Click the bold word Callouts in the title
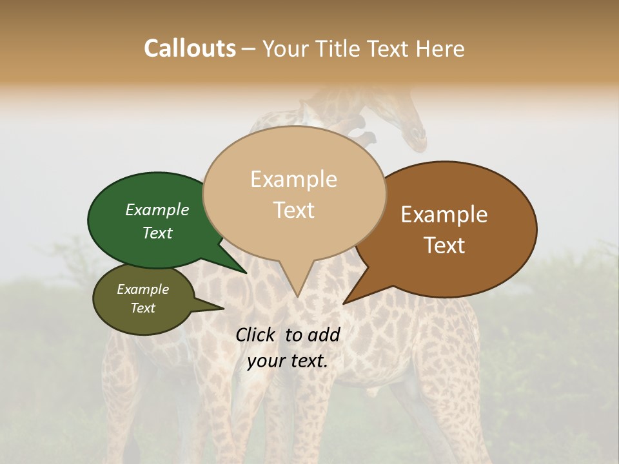point(190,48)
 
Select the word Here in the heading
point(440,48)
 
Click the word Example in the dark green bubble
point(157,210)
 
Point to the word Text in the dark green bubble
point(157,233)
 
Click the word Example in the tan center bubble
point(293,179)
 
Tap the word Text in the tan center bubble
point(294,210)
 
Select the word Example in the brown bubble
point(444,215)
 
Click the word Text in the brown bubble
point(444,246)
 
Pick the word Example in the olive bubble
point(143,289)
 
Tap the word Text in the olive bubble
point(143,308)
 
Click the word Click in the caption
point(257,334)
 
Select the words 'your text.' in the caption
point(288,361)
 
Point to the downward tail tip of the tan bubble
point(297,296)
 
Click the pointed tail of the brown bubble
point(345,302)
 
